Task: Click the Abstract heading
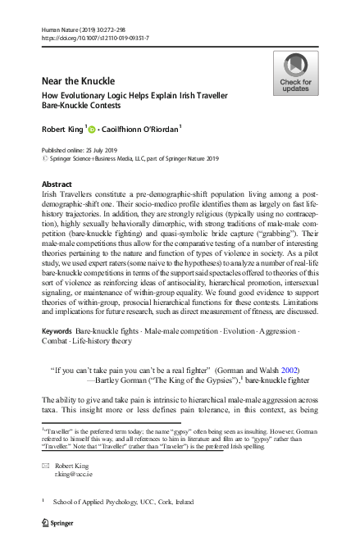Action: [57, 184]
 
